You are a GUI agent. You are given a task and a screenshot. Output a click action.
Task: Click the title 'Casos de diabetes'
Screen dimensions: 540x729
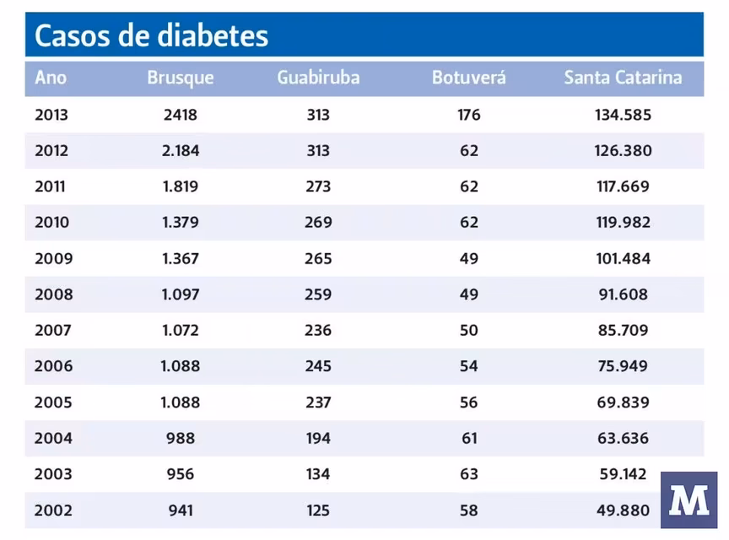152,35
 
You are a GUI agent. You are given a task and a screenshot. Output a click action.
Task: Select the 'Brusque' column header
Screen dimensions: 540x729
181,78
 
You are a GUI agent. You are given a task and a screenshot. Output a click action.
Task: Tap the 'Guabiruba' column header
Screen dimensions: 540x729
318,78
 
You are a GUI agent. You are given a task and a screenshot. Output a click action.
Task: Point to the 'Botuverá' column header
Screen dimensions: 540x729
469,78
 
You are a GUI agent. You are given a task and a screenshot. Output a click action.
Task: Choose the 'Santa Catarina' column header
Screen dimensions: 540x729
623,78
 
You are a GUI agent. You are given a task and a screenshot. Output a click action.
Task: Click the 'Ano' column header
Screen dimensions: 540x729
51,78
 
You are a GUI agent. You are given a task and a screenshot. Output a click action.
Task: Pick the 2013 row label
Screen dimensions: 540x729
51,115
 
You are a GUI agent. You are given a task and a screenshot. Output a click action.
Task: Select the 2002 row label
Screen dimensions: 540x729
53,510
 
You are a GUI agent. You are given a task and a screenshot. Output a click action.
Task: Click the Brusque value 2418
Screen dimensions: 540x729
181,115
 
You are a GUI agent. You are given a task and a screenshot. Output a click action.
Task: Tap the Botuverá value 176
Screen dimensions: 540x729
469,115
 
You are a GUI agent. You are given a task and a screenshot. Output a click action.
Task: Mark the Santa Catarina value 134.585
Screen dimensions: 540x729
623,115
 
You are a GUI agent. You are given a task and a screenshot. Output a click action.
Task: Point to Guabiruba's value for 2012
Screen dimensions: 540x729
318,151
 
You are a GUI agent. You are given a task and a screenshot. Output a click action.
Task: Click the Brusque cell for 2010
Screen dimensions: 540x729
181,223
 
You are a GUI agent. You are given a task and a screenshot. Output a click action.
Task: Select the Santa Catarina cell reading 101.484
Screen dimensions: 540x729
623,259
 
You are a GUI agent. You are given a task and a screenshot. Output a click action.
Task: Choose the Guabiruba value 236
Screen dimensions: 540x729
318,331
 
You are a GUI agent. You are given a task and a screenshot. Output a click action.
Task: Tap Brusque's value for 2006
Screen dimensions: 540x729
181,366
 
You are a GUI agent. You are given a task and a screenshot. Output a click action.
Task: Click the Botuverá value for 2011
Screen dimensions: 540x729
469,186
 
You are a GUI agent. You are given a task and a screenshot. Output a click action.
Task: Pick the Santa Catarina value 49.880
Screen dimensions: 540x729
623,510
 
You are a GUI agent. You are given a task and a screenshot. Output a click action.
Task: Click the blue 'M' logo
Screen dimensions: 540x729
688,500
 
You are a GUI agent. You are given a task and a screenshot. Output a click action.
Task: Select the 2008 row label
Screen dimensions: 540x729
53,294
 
